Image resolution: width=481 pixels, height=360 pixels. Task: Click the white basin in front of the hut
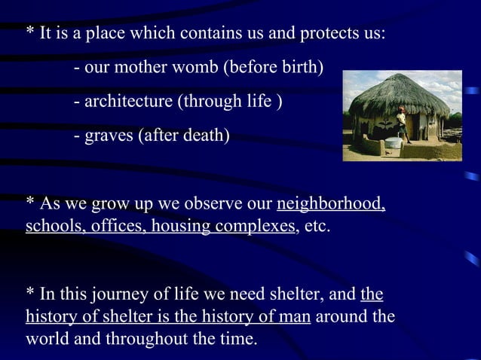[x=394, y=142]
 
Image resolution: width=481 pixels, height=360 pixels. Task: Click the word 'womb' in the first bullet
[x=196, y=69]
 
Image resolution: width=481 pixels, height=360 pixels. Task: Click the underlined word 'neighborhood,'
[x=332, y=204]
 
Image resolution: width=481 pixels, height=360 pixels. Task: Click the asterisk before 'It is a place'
[x=31, y=35]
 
